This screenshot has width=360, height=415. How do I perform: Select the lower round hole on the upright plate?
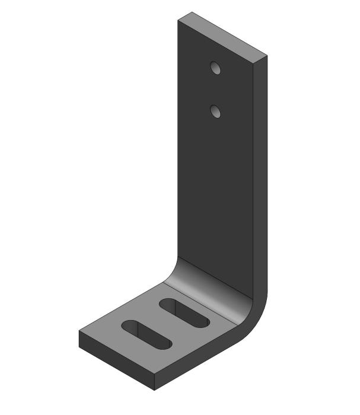tap(216, 111)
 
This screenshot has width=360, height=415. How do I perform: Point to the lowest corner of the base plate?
tap(154, 390)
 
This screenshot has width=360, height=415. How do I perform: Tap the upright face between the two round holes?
tap(216, 89)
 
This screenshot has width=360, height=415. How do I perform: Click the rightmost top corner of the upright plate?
tap(267, 56)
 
